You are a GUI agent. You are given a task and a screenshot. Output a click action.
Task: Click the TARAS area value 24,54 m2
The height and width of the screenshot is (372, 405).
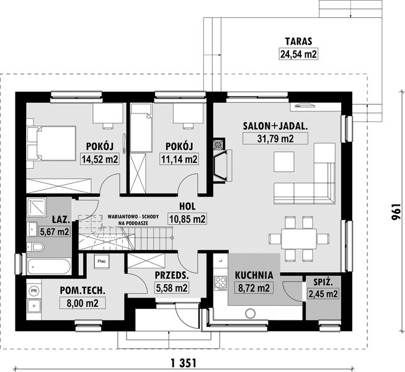click(298, 55)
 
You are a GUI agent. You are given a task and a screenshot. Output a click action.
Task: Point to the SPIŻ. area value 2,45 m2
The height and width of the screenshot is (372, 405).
click(323, 293)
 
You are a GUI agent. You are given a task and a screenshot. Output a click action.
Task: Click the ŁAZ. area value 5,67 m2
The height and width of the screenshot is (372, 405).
click(55, 231)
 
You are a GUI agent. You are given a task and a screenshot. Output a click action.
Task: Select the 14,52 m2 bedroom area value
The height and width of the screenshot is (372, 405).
click(100, 159)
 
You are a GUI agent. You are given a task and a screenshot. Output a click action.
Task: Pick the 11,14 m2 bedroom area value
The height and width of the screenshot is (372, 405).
click(180, 159)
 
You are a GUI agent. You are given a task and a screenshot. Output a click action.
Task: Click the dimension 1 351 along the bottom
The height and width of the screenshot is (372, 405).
click(185, 363)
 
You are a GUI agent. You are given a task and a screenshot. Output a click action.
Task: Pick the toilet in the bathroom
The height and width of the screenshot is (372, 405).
click(36, 248)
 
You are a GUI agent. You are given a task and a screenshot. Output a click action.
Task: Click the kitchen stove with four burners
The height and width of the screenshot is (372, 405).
click(220, 283)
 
